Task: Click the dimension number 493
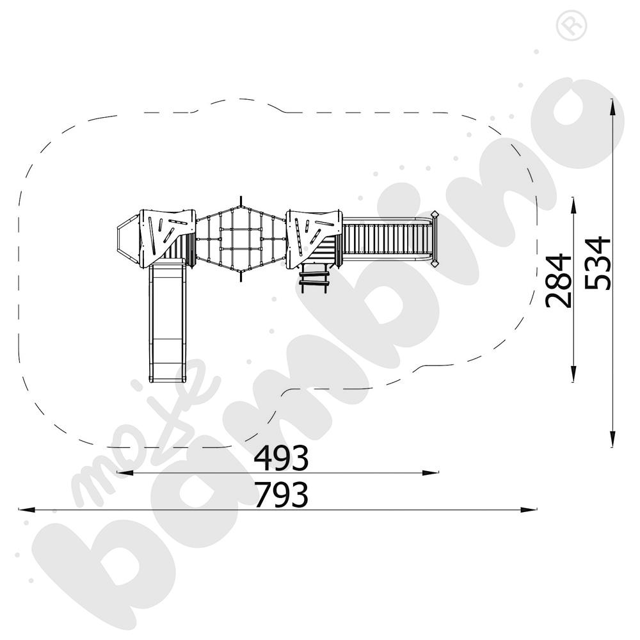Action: tap(281, 458)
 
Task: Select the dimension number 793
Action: tap(281, 495)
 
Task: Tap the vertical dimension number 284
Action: tap(558, 280)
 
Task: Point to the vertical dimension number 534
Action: tap(597, 263)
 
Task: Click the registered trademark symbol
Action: tap(572, 25)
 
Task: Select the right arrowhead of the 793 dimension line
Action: tap(528, 510)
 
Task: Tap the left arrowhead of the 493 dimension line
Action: tap(125, 473)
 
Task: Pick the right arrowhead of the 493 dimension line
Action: tap(430, 473)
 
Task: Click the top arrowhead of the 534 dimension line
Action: tap(612, 108)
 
